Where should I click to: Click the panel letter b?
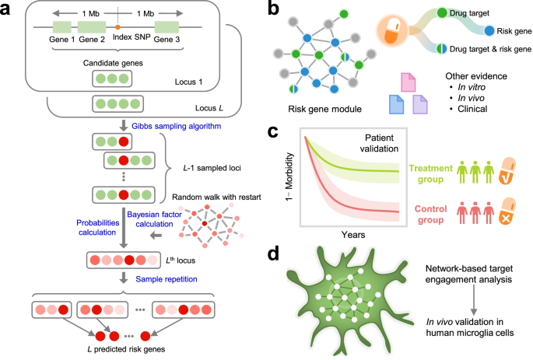tap(275, 11)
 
